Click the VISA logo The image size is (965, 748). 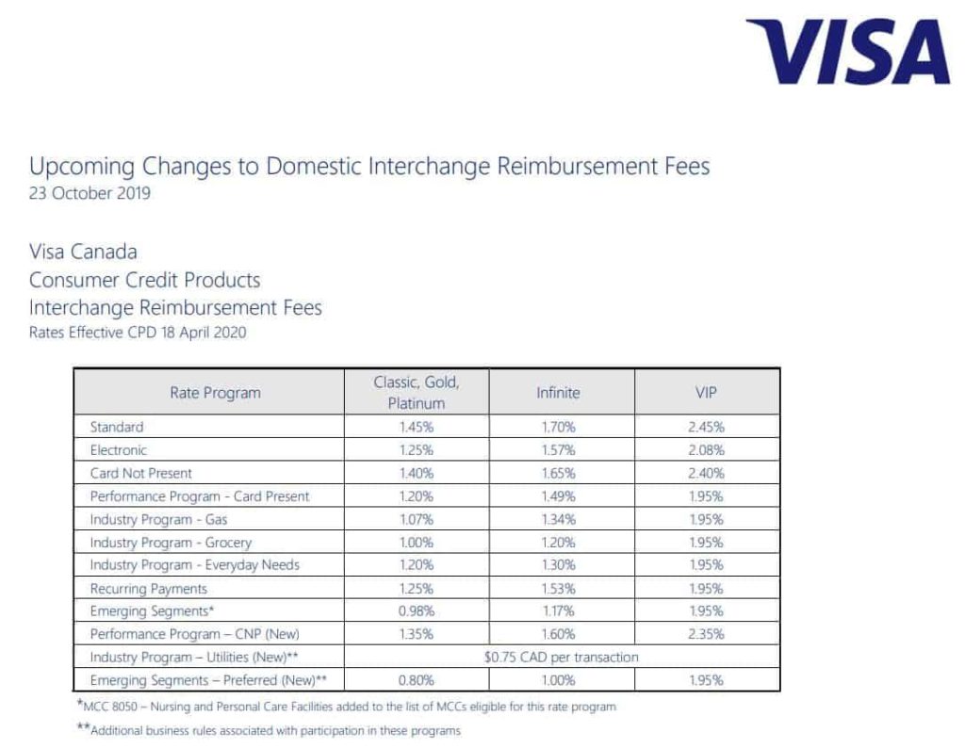848,53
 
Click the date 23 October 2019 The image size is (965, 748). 90,194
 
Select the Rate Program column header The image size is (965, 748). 215,392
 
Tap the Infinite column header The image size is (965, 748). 559,392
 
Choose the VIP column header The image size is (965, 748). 706,392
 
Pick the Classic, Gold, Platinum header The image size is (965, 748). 416,392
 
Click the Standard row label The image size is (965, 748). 117,427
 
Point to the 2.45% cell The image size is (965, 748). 706,427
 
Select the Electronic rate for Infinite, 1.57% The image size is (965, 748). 559,450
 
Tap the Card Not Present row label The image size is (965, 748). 140,473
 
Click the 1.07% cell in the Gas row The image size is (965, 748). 416,519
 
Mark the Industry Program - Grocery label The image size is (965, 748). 171,543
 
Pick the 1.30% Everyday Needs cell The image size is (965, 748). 559,565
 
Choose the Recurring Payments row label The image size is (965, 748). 148,589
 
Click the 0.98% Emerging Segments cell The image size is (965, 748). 416,611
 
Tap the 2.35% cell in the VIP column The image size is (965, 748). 706,634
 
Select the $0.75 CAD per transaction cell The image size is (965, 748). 561,657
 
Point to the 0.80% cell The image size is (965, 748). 416,680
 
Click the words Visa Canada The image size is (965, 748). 83,252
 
